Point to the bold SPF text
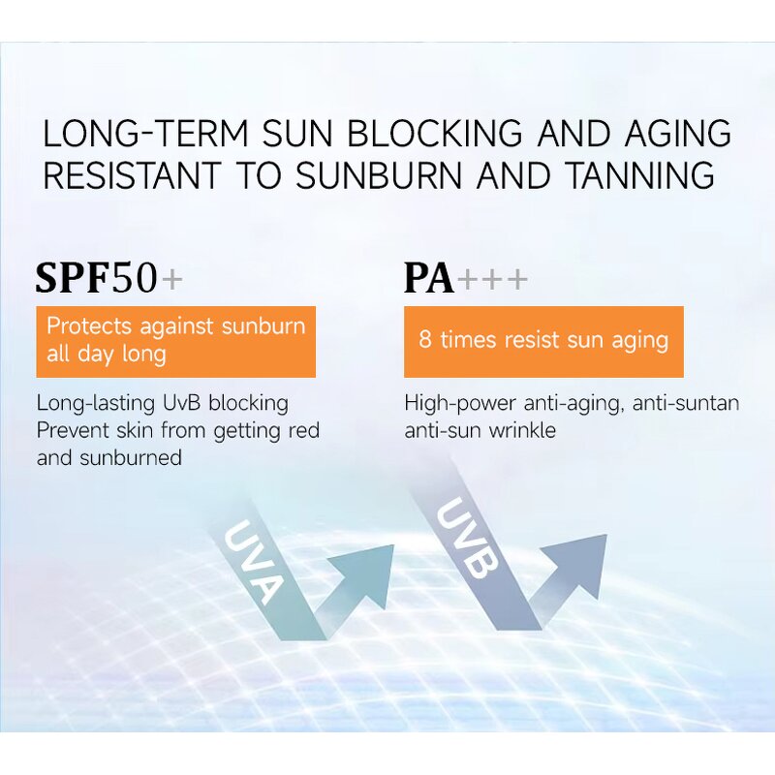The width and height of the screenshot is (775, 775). [73, 278]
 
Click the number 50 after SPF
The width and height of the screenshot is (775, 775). [135, 278]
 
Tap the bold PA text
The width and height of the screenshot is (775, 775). [429, 279]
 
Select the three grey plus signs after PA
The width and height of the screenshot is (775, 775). [493, 280]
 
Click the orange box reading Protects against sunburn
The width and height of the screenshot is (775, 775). [175, 341]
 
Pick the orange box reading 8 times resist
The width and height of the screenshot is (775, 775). [543, 341]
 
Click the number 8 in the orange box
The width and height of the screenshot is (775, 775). [424, 340]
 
